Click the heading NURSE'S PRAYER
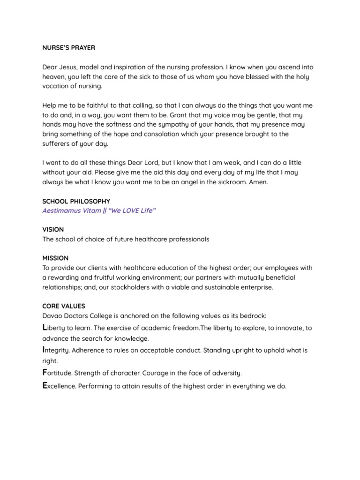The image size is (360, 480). (68, 47)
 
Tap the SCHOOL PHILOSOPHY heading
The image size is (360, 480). (76, 201)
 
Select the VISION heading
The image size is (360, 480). (53, 230)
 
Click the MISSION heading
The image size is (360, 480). (55, 258)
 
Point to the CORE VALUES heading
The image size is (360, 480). (63, 306)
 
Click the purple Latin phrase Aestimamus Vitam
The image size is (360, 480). (71, 210)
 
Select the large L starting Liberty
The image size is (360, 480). (45, 327)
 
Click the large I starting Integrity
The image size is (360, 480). (44, 349)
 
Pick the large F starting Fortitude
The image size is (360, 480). (45, 372)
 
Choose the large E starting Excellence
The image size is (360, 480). (45, 385)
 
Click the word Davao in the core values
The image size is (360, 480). (52, 315)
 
